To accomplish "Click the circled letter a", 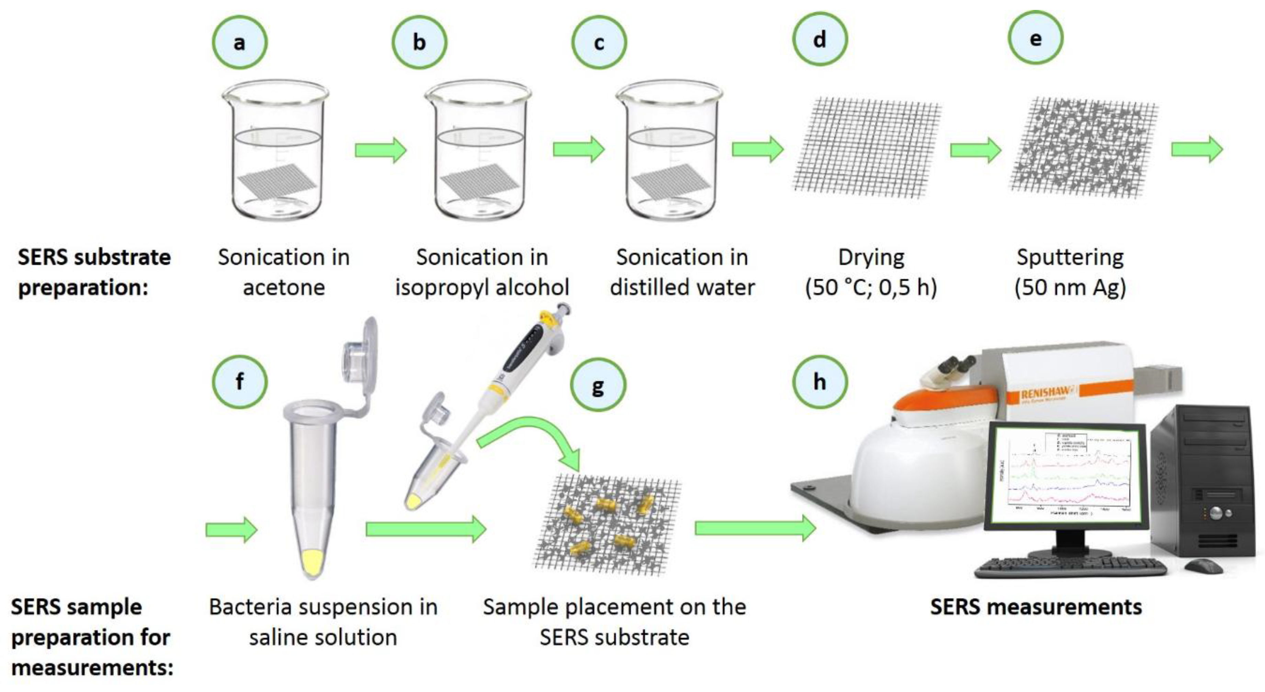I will pos(240,42).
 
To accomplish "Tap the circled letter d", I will pos(820,39).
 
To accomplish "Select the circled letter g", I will pos(598,386).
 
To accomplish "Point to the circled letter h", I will pos(820,382).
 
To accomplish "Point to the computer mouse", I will pos(1203,566).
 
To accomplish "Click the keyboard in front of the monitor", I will pos(1071,568).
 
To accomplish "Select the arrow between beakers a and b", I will pos(381,150).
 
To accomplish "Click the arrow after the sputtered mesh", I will pos(1197,150).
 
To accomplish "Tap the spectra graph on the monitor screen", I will pos(1066,474).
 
